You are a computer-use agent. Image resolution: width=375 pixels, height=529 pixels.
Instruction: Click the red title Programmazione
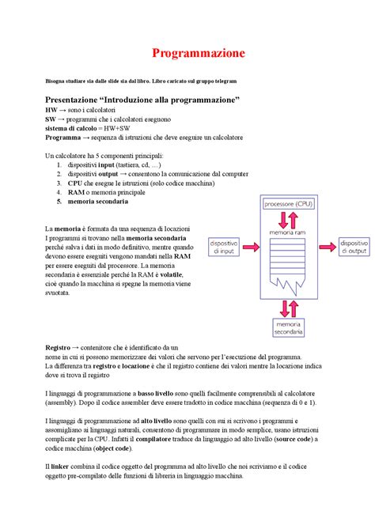pos(199,54)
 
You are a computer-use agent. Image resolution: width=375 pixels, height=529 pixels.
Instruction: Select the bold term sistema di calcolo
pos(71,126)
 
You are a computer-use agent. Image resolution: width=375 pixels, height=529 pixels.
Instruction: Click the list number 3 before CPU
pos(59,183)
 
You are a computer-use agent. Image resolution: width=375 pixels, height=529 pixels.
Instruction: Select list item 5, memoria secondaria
pos(98,202)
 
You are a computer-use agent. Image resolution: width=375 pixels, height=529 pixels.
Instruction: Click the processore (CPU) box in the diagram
pos(286,204)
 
